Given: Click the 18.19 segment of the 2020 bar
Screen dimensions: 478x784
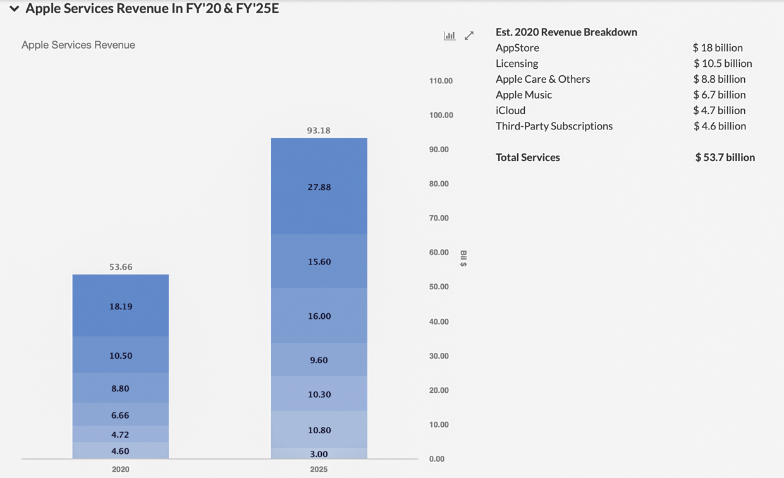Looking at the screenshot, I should pyautogui.click(x=121, y=306).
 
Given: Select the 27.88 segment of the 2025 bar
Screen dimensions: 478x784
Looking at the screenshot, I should pyautogui.click(x=319, y=187).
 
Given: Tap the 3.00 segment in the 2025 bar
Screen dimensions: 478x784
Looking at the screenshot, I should pyautogui.click(x=319, y=454).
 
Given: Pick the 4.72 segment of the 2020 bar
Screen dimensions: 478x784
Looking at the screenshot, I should pyautogui.click(x=121, y=434).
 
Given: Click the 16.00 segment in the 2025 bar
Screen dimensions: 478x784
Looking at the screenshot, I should pyautogui.click(x=319, y=316).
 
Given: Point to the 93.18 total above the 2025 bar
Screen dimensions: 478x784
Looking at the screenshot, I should pyautogui.click(x=319, y=131).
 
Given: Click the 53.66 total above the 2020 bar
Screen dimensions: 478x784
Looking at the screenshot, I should pyautogui.click(x=121, y=267).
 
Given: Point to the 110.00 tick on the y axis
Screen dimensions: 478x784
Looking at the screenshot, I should pyautogui.click(x=441, y=81).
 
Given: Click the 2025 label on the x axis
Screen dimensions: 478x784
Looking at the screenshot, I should pyautogui.click(x=319, y=469).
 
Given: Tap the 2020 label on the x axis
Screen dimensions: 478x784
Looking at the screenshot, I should pyautogui.click(x=120, y=469).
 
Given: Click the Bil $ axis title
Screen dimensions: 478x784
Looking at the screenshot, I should pyautogui.click(x=463, y=258).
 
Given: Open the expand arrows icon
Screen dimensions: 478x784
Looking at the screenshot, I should pyautogui.click(x=469, y=36).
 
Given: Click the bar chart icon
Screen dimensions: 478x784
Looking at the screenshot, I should pyautogui.click(x=450, y=36).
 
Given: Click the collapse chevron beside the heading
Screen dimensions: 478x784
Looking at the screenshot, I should pyautogui.click(x=14, y=9).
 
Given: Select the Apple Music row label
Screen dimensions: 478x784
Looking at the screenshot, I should pyautogui.click(x=524, y=95).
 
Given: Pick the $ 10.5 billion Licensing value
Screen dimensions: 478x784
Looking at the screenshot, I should pyautogui.click(x=723, y=63).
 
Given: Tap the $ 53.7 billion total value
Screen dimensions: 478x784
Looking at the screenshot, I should pyautogui.click(x=725, y=157).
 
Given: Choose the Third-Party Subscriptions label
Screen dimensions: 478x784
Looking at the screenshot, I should pyautogui.click(x=554, y=126).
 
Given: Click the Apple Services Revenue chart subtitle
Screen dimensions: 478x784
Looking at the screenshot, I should pyautogui.click(x=78, y=45).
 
